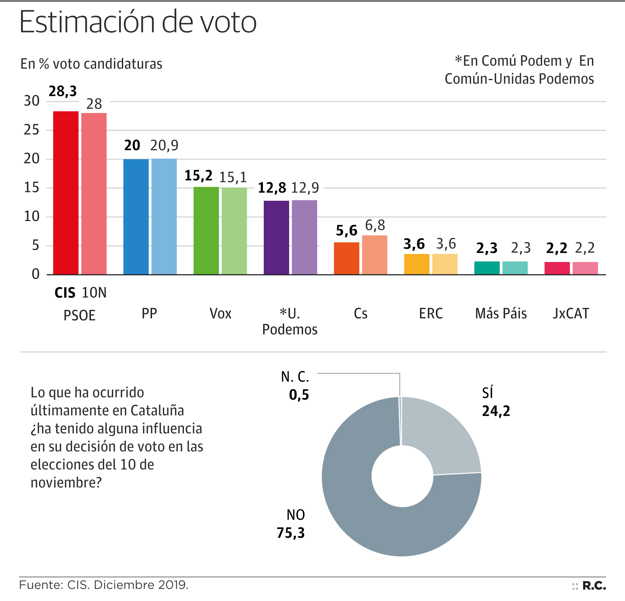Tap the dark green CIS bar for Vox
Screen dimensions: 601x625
tap(206, 230)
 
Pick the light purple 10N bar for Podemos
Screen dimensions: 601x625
tap(304, 237)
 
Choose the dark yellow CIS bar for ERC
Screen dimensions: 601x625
tap(417, 264)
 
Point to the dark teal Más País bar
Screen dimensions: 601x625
tap(487, 268)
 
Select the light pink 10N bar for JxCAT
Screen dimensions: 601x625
tap(585, 268)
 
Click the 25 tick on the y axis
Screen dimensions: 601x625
tap(32, 130)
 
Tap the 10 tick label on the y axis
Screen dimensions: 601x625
tap(32, 217)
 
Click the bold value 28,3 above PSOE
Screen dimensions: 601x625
tap(63, 91)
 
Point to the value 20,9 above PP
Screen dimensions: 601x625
tap(164, 145)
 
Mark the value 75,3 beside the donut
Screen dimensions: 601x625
tap(291, 533)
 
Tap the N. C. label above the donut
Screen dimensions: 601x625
tap(295, 377)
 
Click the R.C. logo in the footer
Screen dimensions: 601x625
tap(594, 586)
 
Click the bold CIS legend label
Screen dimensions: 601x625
tap(65, 293)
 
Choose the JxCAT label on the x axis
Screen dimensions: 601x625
tap(571, 314)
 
